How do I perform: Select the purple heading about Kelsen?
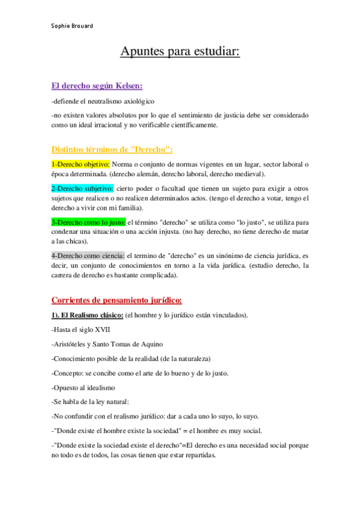tap(97, 85)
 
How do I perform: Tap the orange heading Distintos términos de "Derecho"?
tap(112, 149)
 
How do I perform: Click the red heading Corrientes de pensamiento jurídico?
tap(117, 300)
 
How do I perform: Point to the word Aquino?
tap(150, 344)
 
